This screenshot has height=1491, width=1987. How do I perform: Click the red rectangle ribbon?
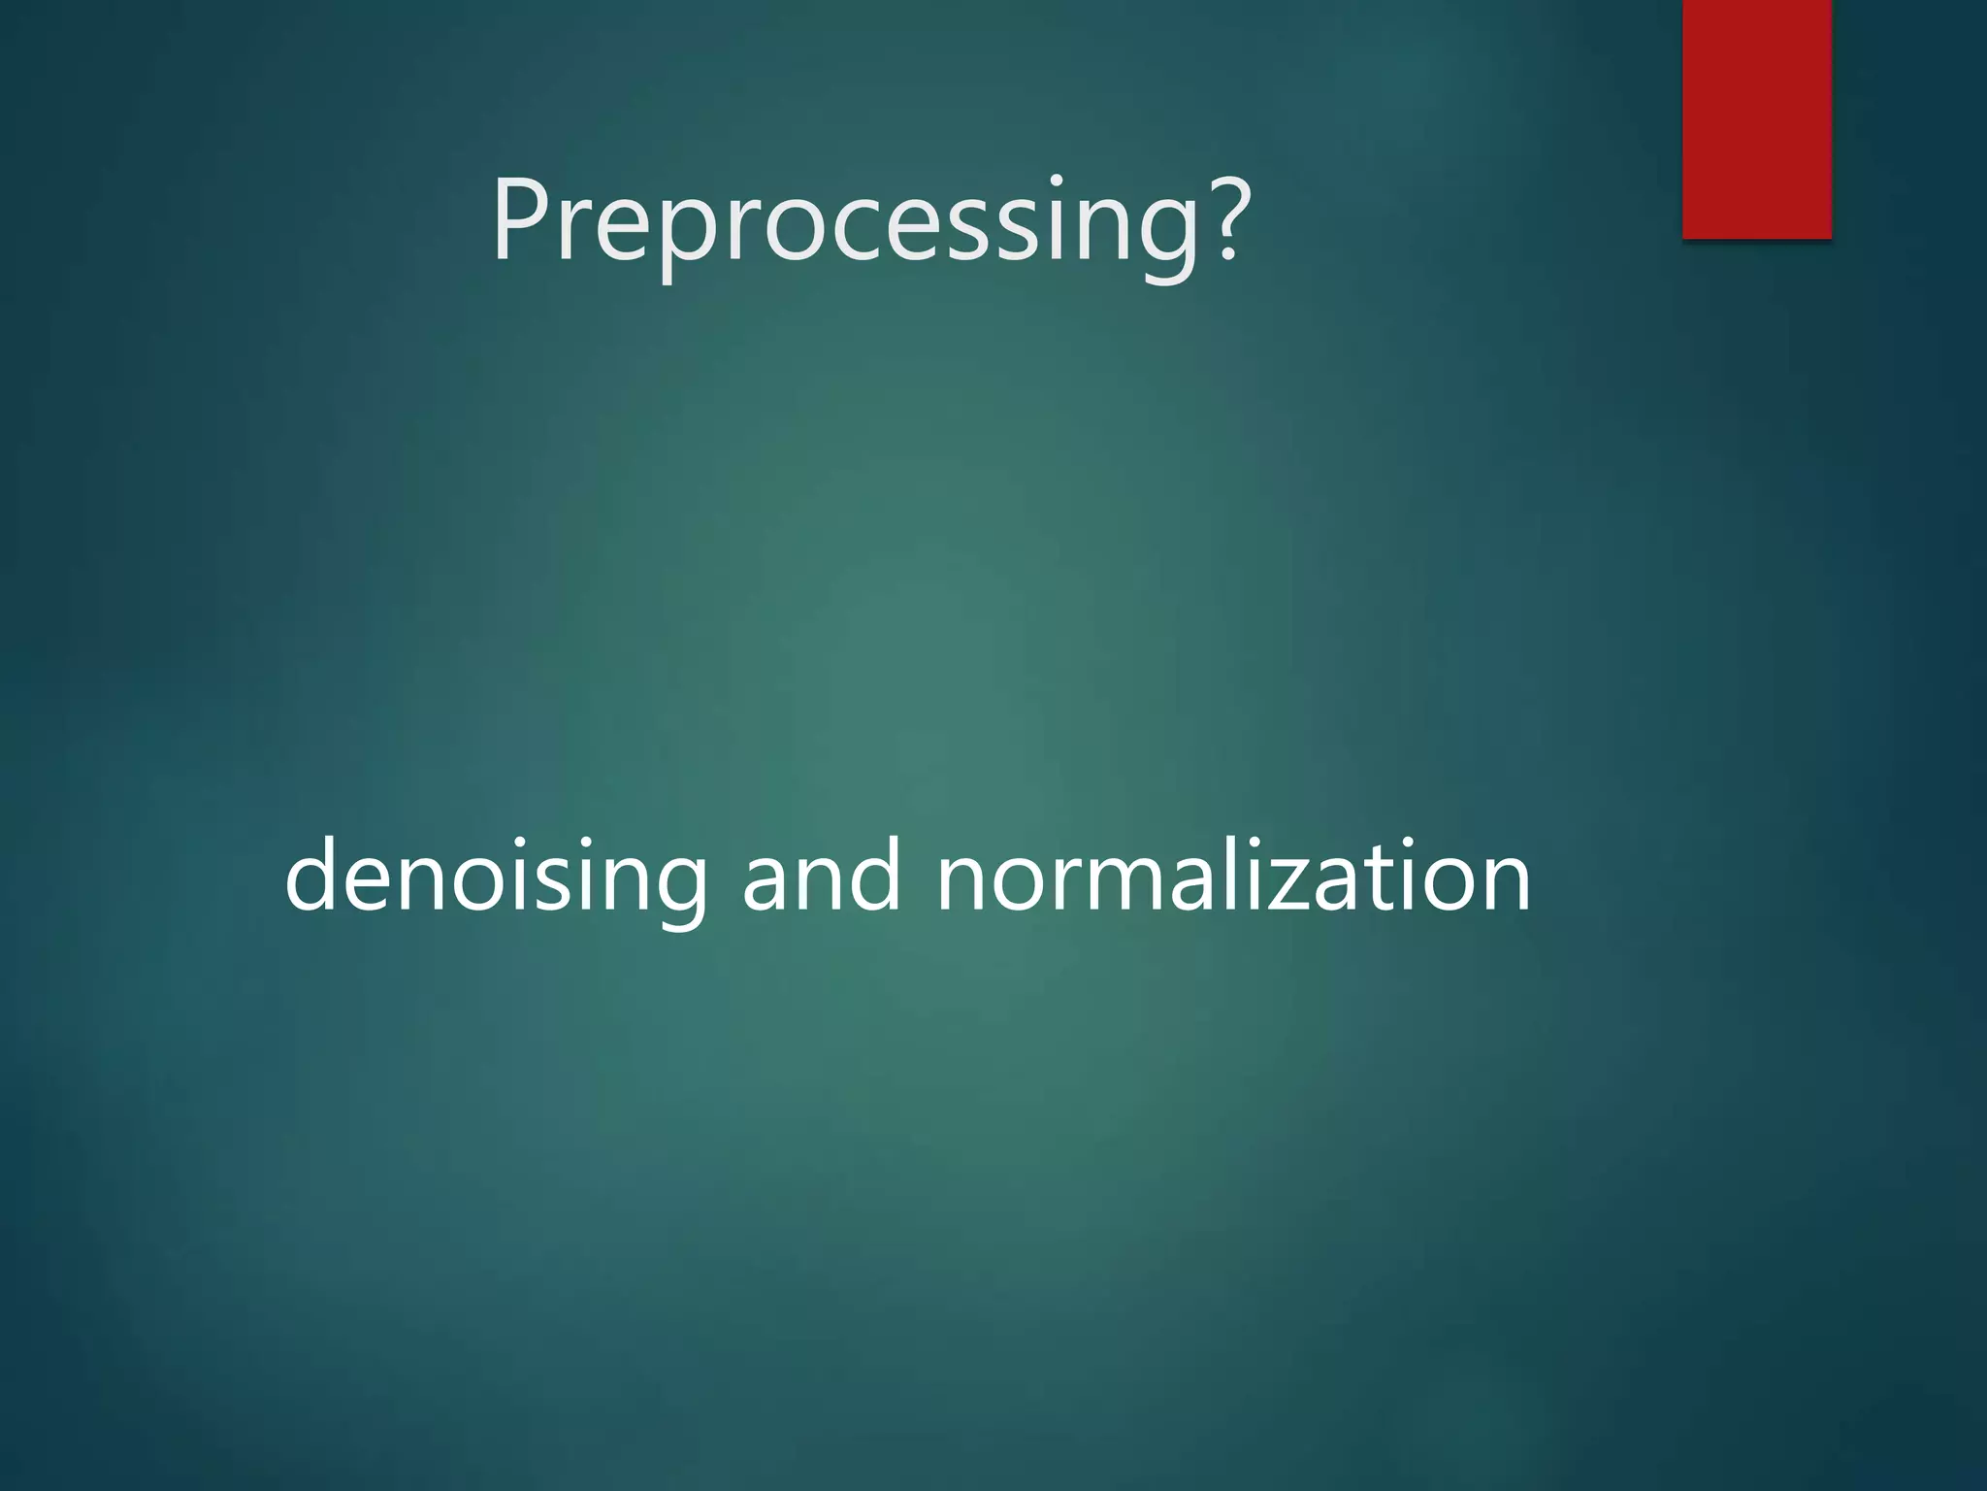coord(1756,118)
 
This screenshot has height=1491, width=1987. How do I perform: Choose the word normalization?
coord(1233,877)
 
